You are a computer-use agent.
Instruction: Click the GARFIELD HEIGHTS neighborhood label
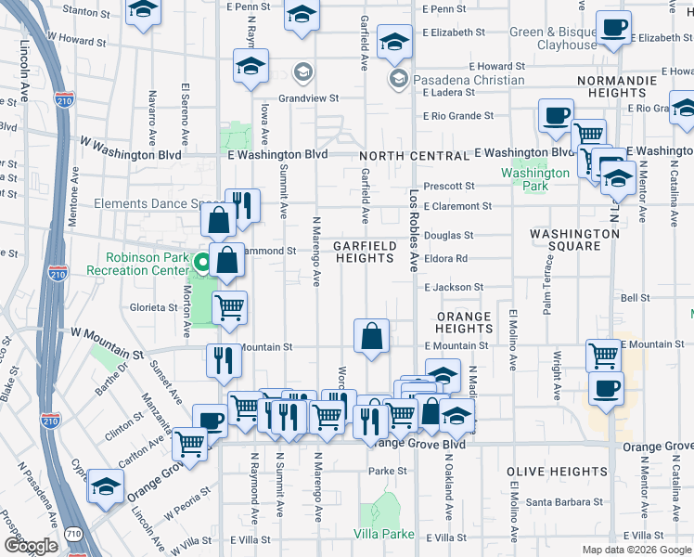[x=366, y=252]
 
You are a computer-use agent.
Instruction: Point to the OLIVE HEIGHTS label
[x=544, y=472]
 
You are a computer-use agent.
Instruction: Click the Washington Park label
[x=535, y=179]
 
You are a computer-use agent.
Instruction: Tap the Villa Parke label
[x=383, y=534]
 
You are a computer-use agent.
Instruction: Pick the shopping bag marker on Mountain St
[x=371, y=337]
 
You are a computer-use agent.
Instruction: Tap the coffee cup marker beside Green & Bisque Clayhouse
[x=613, y=29]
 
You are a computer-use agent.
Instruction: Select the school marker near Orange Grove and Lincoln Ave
[x=106, y=486]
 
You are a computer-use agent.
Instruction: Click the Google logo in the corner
[x=31, y=546]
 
